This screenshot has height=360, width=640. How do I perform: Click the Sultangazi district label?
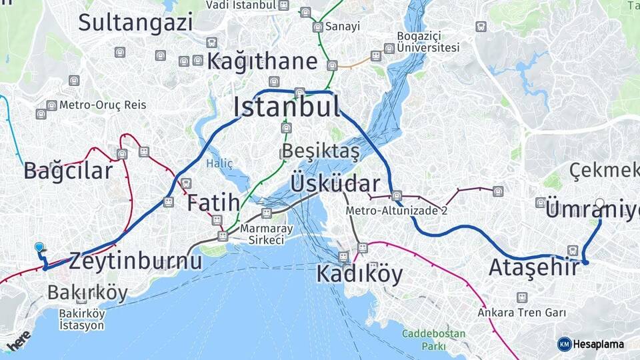[135, 22]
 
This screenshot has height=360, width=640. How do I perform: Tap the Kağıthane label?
[262, 62]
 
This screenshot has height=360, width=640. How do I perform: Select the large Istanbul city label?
[287, 107]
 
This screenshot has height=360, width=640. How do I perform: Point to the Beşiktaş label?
[321, 151]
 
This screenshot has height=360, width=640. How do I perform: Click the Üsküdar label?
[335, 183]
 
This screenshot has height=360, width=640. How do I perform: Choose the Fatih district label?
[213, 203]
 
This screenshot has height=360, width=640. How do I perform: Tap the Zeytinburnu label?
[135, 261]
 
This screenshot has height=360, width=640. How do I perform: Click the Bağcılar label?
[68, 171]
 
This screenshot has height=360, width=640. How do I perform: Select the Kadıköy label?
[359, 273]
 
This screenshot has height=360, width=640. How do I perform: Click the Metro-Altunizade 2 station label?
[396, 211]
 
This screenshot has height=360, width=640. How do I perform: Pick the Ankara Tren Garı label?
[521, 312]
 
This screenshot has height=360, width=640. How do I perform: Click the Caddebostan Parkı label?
[425, 339]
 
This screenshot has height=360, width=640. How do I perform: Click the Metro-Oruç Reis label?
[102, 105]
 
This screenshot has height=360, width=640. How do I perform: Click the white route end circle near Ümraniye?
[600, 203]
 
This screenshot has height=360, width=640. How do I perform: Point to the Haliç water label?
[219, 163]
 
